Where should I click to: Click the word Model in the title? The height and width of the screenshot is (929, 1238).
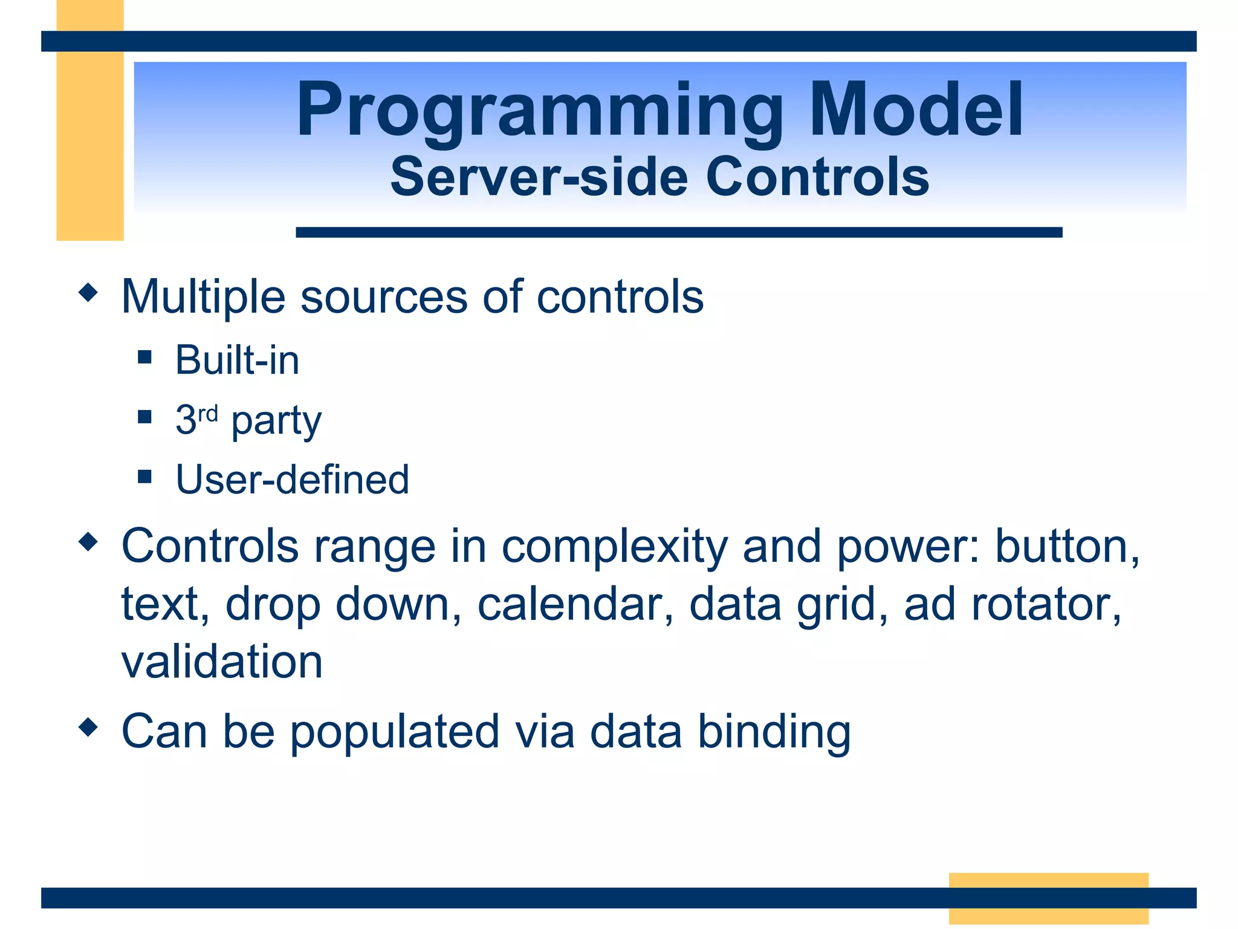click(916, 109)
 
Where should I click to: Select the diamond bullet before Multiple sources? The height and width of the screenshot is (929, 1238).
click(88, 293)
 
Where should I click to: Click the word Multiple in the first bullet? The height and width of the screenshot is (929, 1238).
click(203, 298)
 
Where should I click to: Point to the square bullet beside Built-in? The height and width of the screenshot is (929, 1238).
click(144, 357)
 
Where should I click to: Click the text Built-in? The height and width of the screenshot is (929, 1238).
click(238, 360)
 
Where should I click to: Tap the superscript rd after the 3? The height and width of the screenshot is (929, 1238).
click(208, 414)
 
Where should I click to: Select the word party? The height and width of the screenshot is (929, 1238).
click(276, 422)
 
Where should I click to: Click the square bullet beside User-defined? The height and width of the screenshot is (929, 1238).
click(144, 477)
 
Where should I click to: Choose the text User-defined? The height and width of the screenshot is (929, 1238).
click(293, 479)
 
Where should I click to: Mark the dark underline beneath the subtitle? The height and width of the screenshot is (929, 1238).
click(679, 232)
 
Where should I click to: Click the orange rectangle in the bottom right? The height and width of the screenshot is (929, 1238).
click(1049, 898)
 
